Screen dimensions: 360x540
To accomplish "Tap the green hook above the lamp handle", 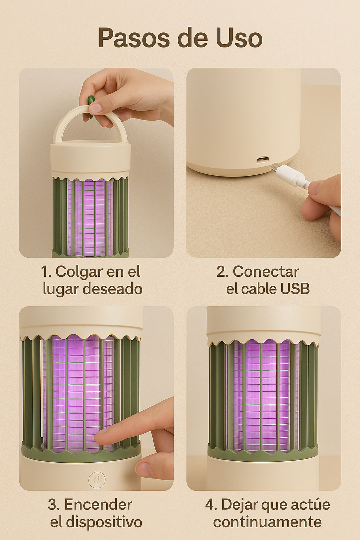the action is (x=91, y=107).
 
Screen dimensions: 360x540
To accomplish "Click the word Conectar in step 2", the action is (x=266, y=272).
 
